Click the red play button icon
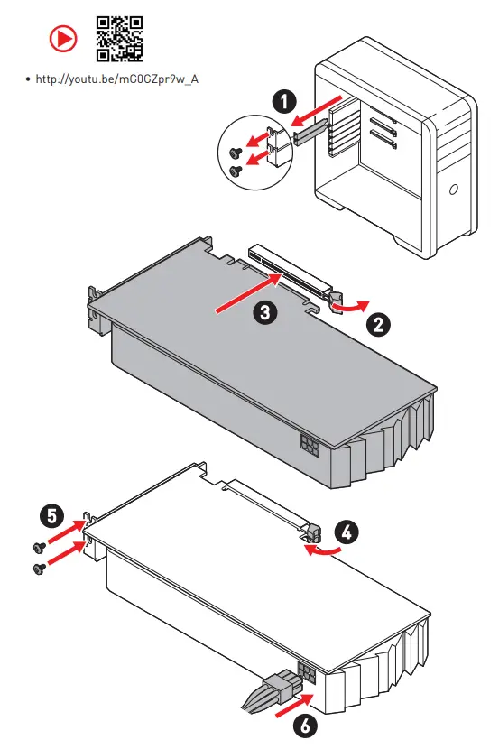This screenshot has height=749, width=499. coord(63,38)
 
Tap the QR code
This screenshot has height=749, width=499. coord(119,39)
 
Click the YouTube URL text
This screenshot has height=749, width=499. coord(117,79)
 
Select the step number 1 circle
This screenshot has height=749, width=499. coord(284,102)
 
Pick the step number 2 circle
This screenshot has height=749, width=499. coord(378,325)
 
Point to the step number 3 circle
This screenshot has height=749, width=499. coord(265,312)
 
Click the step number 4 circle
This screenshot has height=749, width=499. coord(347,532)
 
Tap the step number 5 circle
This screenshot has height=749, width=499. coord(51,516)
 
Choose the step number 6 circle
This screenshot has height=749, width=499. coord(305,726)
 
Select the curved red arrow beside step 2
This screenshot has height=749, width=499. coord(351,307)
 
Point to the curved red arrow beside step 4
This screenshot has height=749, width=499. coord(323,550)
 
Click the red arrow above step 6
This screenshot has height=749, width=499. coord(294,706)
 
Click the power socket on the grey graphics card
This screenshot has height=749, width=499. coord(310,445)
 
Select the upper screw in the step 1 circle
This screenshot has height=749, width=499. coord(236,153)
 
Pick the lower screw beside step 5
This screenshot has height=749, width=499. coord(40,568)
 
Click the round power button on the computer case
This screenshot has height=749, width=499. coord(453,190)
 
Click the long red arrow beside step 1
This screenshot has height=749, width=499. coord(317,112)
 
